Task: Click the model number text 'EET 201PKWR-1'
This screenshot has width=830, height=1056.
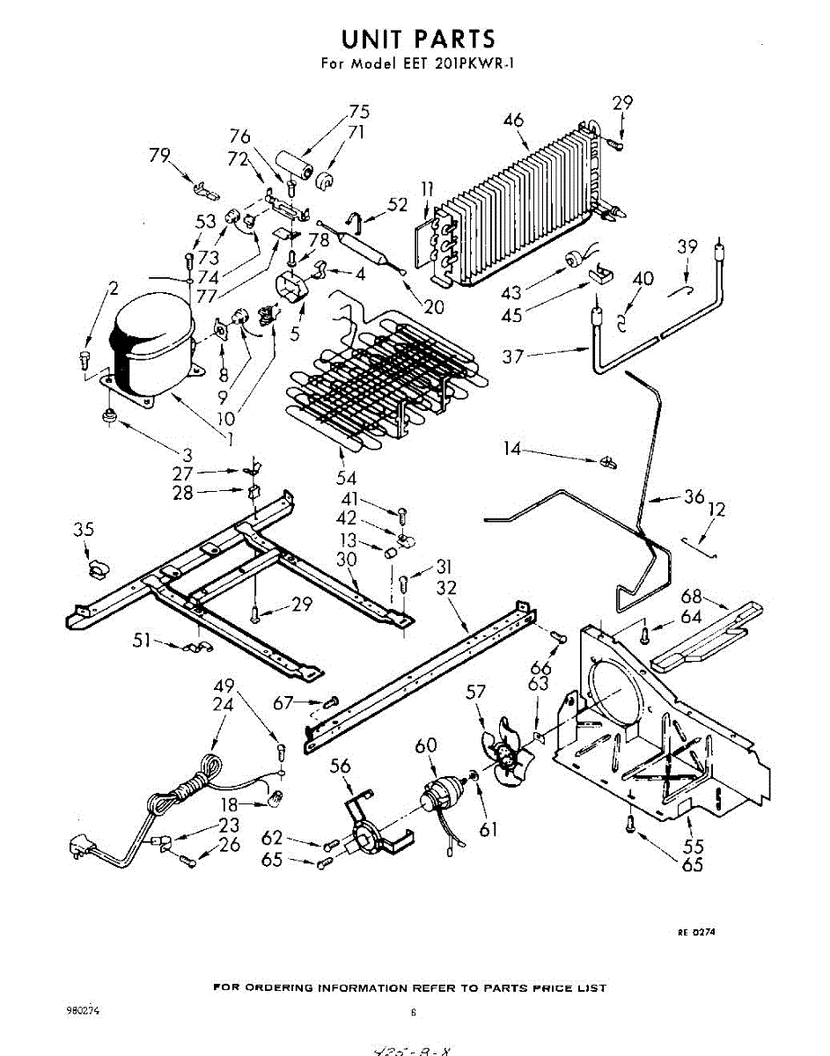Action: pyautogui.click(x=451, y=63)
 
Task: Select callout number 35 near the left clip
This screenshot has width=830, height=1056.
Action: pyautogui.click(x=84, y=530)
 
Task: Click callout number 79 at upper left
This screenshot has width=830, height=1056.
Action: pyautogui.click(x=159, y=157)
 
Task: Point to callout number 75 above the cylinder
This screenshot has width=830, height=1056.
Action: pyautogui.click(x=358, y=112)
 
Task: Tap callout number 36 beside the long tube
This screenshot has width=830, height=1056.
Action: pyautogui.click(x=694, y=497)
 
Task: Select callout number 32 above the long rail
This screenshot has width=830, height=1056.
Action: pyautogui.click(x=446, y=587)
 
